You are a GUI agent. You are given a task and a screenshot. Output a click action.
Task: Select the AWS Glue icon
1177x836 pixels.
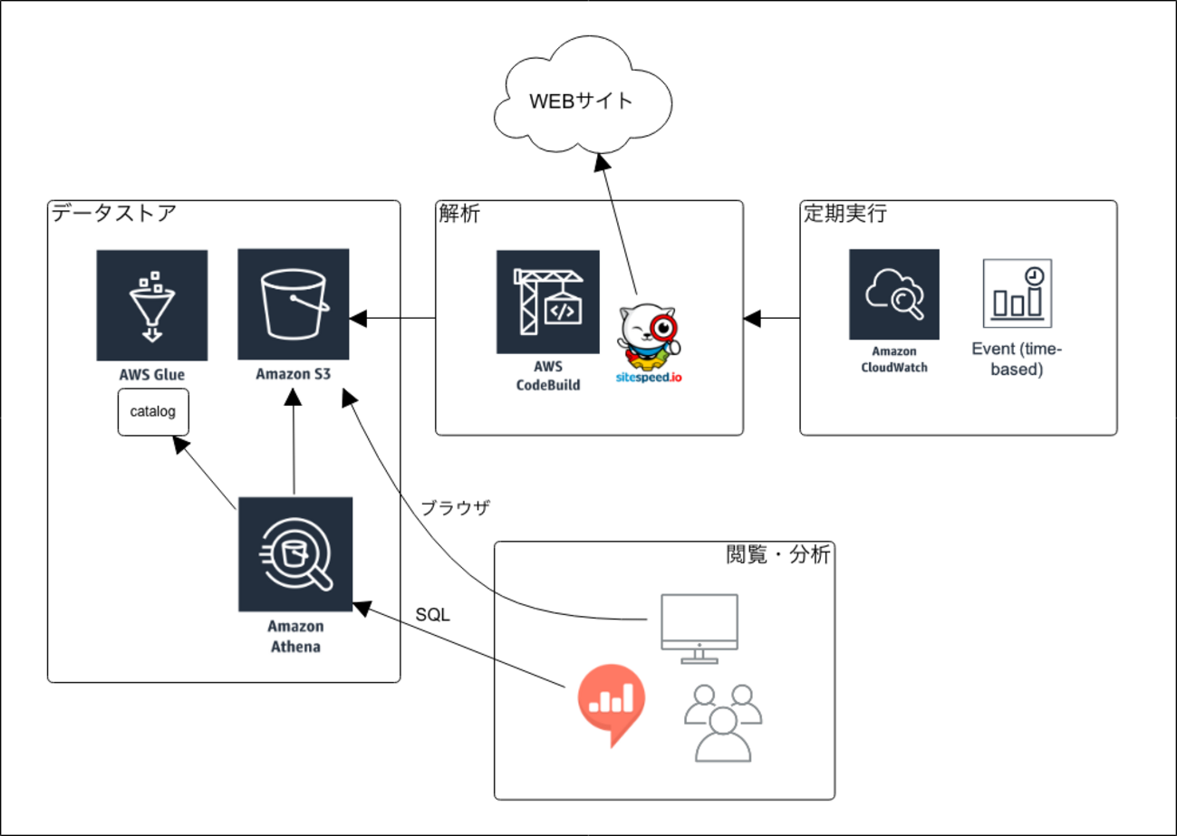[151, 305]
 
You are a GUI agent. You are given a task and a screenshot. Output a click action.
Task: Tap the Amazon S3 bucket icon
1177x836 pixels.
[293, 303]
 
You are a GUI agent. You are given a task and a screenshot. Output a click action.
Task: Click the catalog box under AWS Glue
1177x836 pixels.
[153, 412]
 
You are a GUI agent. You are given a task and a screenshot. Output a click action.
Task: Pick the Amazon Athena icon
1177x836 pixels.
[294, 553]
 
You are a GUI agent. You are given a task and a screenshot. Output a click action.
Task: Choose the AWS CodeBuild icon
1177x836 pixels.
[547, 302]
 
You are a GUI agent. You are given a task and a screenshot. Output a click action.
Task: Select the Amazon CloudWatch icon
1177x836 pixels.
[893, 293]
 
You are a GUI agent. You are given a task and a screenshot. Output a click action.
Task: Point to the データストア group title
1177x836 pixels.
[113, 215]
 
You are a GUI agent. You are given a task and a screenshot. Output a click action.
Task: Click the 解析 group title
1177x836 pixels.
[458, 215]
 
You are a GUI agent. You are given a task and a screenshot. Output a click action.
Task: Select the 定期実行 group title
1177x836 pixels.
[844, 215]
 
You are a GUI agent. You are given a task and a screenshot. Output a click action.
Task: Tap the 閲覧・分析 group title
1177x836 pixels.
[778, 554]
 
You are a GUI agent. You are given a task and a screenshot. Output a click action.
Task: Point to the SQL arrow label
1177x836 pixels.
[433, 615]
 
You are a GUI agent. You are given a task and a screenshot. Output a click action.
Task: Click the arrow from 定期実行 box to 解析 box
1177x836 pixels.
[772, 318]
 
